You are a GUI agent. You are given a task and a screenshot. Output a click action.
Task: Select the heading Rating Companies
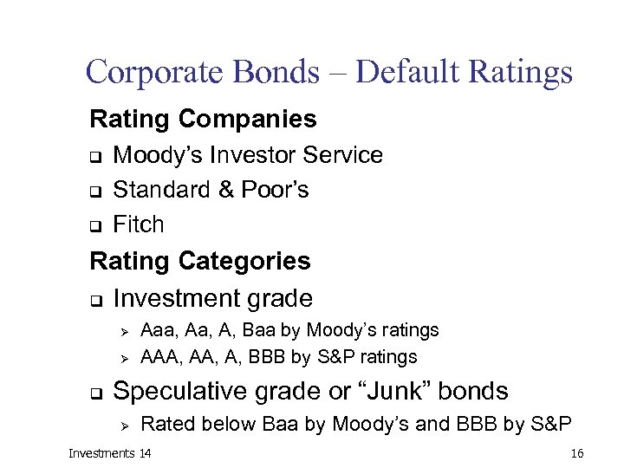pyautogui.click(x=203, y=118)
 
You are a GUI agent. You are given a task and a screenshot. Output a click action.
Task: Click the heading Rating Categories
pyautogui.click(x=200, y=260)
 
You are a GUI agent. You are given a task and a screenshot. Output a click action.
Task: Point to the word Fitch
pyautogui.click(x=139, y=224)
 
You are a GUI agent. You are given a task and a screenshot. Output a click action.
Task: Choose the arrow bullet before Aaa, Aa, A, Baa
pyautogui.click(x=122, y=331)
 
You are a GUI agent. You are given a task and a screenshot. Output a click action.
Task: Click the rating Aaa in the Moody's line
pyautogui.click(x=156, y=330)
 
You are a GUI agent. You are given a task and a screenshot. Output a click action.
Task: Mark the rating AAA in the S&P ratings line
pyautogui.click(x=159, y=357)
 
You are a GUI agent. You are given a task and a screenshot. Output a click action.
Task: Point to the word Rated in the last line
pyautogui.click(x=164, y=424)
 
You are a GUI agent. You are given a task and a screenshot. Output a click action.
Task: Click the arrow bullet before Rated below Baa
pyautogui.click(x=122, y=425)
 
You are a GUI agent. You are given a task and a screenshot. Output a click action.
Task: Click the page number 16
pyautogui.click(x=577, y=453)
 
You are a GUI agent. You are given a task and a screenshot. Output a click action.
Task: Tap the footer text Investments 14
pyautogui.click(x=109, y=453)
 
